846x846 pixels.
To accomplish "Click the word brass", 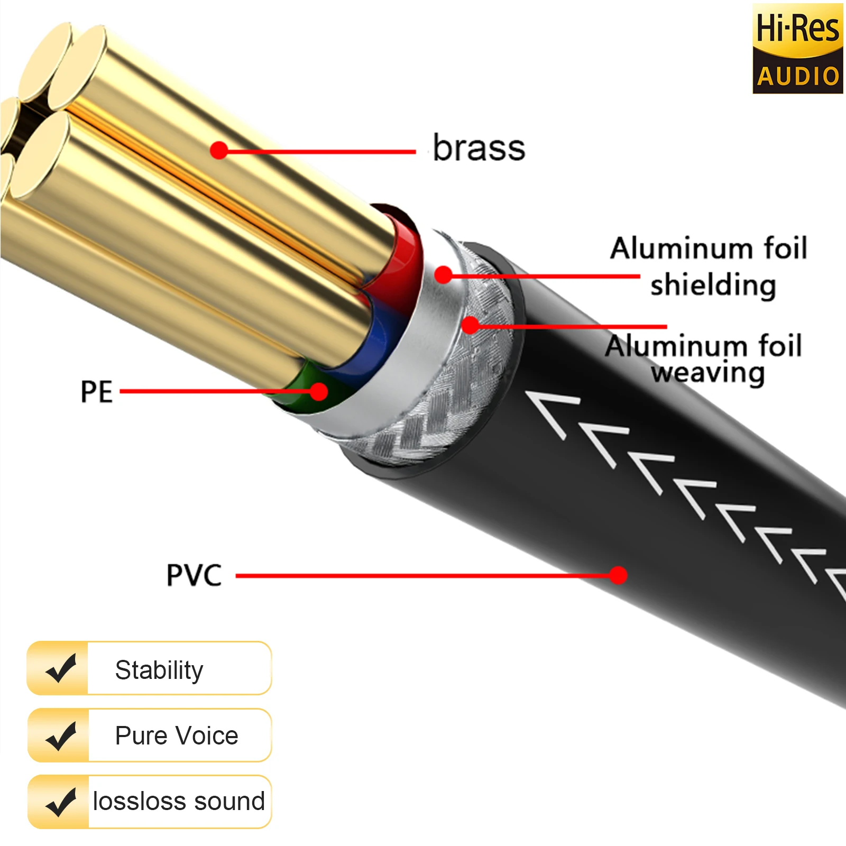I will tap(479, 148).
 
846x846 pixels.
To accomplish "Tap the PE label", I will tap(96, 392).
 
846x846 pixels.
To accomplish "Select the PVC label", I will tap(194, 575).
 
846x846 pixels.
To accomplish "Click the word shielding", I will tap(713, 286).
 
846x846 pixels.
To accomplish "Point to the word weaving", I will tap(707, 373).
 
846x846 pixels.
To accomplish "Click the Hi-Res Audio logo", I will tap(797, 49).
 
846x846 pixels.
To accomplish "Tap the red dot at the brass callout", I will tap(218, 151).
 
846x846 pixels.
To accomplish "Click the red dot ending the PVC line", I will tap(618, 575).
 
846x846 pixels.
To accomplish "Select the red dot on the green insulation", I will tap(319, 392).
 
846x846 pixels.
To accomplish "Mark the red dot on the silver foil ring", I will tap(444, 274).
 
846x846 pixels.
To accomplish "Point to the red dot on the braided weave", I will tap(470, 325).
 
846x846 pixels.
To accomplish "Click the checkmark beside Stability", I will tap(61, 668).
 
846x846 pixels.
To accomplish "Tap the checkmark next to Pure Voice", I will tap(61, 735).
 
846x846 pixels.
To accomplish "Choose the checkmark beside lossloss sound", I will tap(61, 802).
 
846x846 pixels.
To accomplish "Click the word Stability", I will tap(159, 670).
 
